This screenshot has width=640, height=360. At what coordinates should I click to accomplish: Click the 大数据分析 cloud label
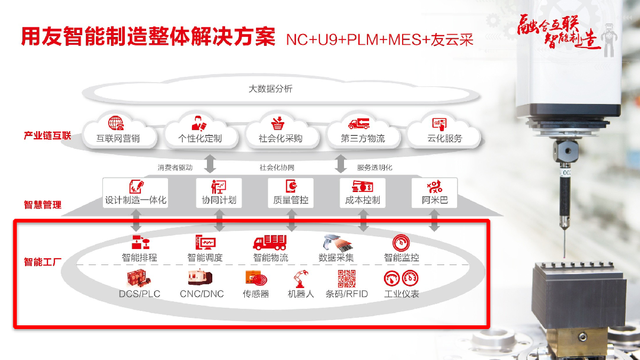coord(270,89)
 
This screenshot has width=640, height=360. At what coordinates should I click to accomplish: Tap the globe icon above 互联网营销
coord(116,123)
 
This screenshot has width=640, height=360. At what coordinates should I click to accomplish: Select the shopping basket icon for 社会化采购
coord(278,123)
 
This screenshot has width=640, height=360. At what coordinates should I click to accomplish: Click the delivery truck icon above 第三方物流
coord(359,123)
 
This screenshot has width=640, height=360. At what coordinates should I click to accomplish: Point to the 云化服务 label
coord(445,139)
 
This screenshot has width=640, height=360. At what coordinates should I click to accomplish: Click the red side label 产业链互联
coord(47,135)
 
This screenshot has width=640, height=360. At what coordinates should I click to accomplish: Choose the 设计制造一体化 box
coord(135,193)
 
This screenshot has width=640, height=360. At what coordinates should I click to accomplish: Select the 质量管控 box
coord(291,193)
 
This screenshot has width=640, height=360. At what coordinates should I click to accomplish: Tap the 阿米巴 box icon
coord(435,187)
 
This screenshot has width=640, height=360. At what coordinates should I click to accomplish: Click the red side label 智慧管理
coord(43,205)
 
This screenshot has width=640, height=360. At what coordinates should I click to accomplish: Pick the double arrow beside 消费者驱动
coord(210,164)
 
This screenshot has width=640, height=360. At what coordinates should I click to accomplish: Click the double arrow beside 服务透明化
coord(341,164)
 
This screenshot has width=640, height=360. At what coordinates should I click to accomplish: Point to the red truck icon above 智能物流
coord(270,243)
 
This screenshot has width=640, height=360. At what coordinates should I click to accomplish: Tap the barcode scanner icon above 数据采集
coord(337,243)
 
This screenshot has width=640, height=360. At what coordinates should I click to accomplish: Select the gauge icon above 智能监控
coord(401,243)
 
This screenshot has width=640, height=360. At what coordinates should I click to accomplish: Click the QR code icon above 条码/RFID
coord(347,278)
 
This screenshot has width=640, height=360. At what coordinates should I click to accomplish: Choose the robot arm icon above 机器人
coord(301,279)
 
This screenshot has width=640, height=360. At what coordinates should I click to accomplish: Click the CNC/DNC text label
coord(202,294)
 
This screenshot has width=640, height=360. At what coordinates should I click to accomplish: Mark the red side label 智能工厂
coord(43,262)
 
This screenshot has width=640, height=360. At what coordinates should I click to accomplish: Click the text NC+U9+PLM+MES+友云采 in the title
coord(380,39)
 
